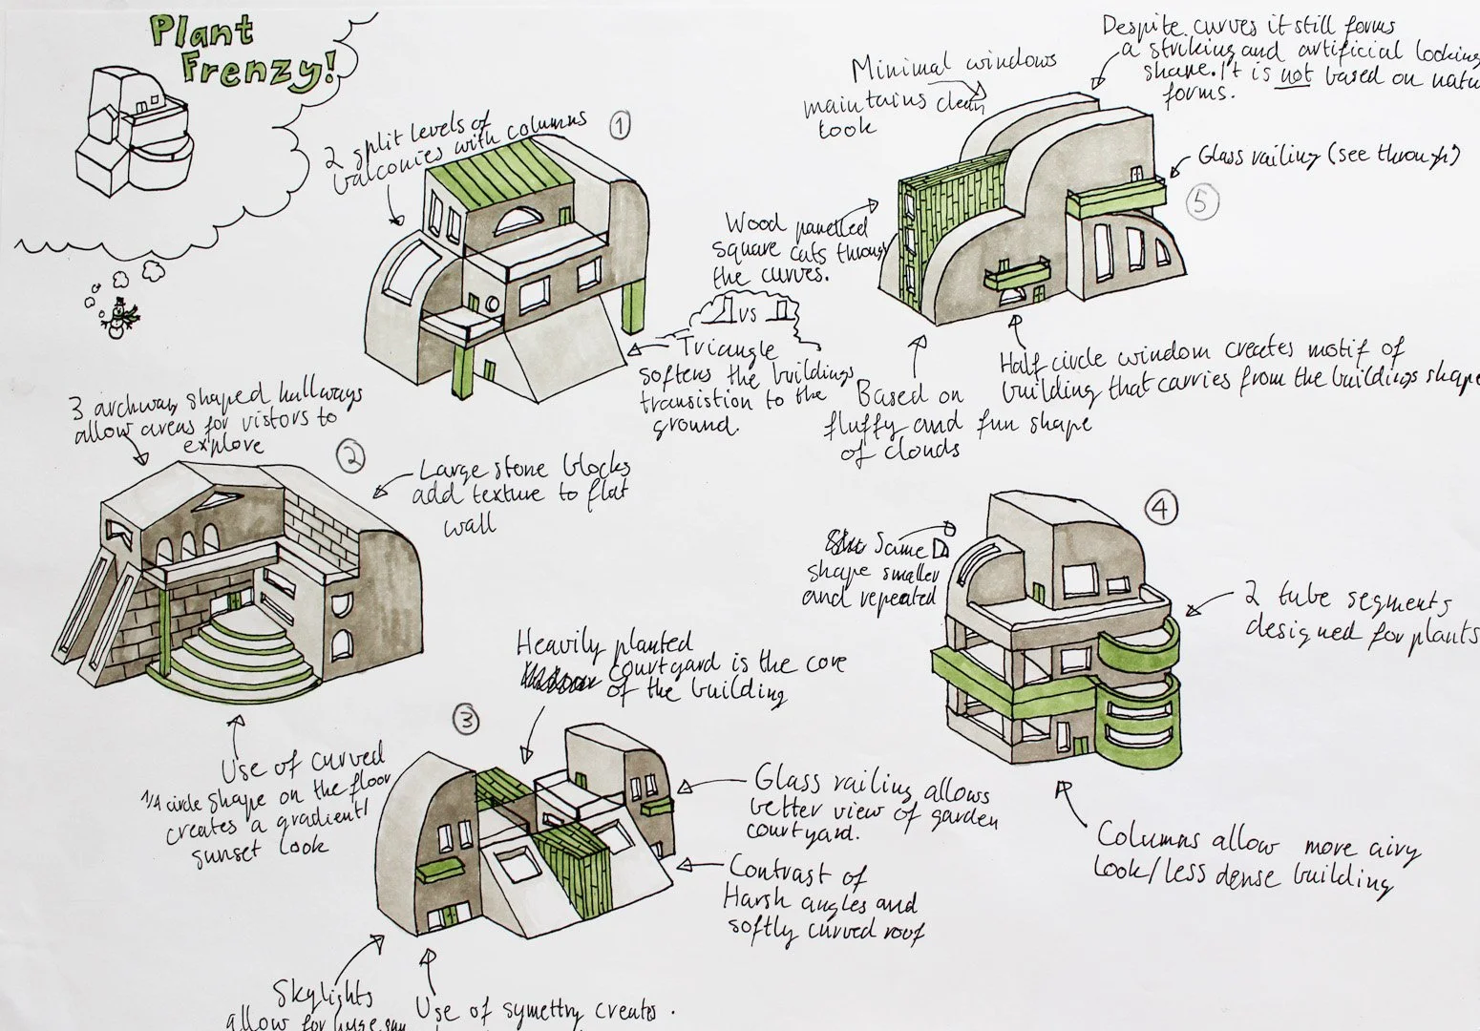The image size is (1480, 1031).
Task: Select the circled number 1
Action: coord(621,125)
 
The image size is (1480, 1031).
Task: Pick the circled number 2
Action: coord(351,459)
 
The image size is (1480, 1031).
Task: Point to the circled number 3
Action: coord(464,723)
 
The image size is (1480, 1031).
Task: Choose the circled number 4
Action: coord(1160,511)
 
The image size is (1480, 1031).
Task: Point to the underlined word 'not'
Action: coord(1295,75)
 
